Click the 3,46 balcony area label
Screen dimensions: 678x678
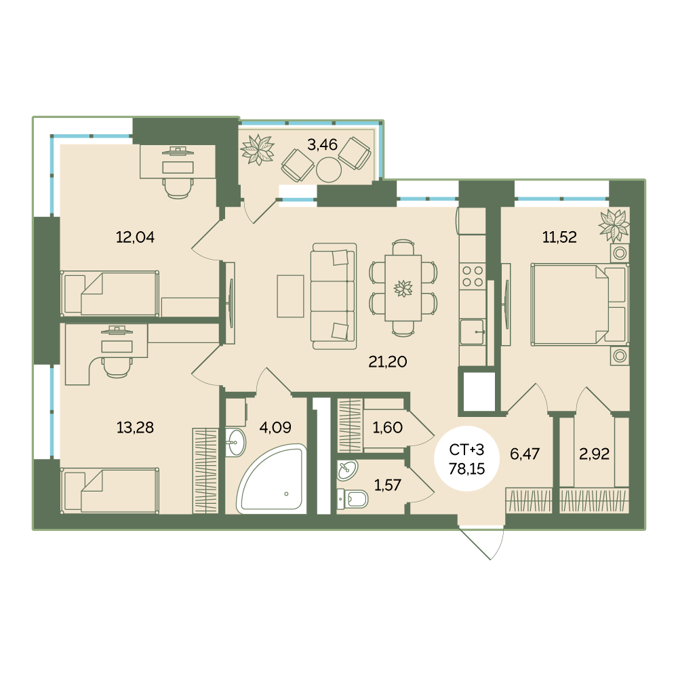pyautogui.click(x=322, y=144)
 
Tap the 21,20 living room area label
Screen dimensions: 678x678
pyautogui.click(x=387, y=361)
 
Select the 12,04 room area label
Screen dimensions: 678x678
pyautogui.click(x=135, y=237)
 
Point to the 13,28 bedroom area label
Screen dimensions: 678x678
pyautogui.click(x=135, y=427)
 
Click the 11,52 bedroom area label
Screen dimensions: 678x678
pyautogui.click(x=559, y=237)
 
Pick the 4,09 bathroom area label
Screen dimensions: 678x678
pyautogui.click(x=275, y=427)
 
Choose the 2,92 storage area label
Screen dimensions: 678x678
pyautogui.click(x=594, y=454)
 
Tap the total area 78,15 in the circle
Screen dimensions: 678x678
pyautogui.click(x=466, y=468)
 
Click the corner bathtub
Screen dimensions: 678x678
pyautogui.click(x=272, y=479)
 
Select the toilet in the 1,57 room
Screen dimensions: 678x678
pyautogui.click(x=353, y=498)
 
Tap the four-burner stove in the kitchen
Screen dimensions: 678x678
pyautogui.click(x=472, y=277)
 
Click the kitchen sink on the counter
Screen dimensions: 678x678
pyautogui.click(x=472, y=332)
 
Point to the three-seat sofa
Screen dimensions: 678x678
pyautogui.click(x=334, y=296)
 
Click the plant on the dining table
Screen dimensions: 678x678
pyautogui.click(x=403, y=288)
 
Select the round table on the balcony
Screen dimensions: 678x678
pyautogui.click(x=329, y=169)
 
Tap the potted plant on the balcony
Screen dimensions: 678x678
pyautogui.click(x=258, y=150)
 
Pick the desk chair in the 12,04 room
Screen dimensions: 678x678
pyautogui.click(x=178, y=188)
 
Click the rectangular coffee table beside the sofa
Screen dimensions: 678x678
pyautogui.click(x=290, y=296)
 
